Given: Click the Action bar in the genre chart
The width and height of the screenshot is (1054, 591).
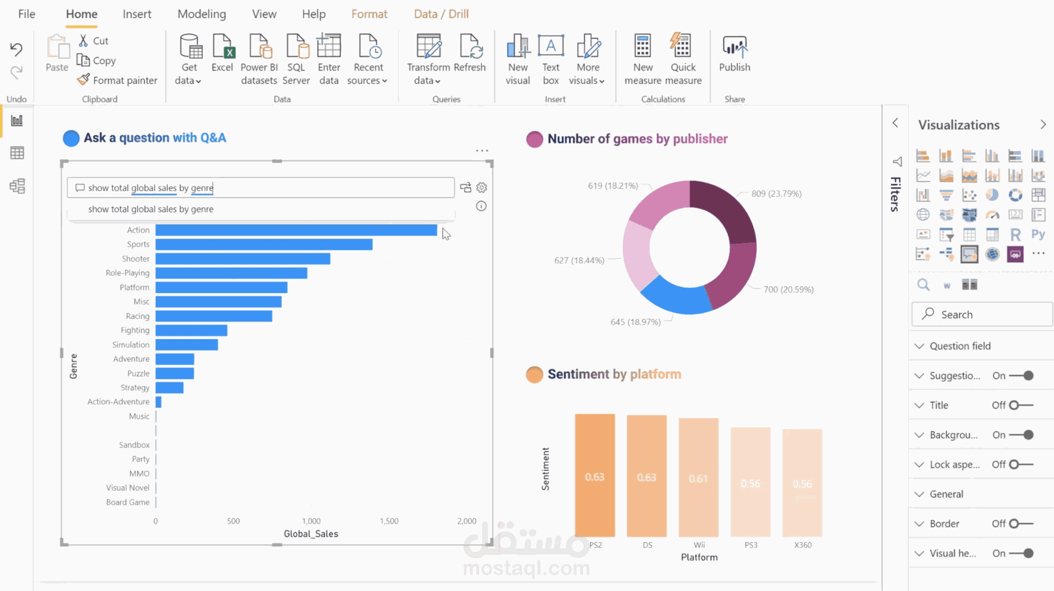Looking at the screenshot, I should tap(296, 230).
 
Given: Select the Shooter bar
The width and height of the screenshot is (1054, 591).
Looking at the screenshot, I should tap(243, 259).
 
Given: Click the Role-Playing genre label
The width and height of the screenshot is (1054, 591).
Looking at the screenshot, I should tap(127, 273).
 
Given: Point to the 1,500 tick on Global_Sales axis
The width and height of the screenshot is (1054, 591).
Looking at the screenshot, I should tap(389, 521).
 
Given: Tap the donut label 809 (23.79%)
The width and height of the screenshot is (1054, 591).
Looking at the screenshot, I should tap(776, 194).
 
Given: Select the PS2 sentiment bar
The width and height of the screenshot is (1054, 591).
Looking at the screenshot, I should tap(595, 475).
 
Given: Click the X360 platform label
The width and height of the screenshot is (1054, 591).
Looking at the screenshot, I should tap(803, 545).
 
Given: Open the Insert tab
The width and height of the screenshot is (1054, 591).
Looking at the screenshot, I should tap(137, 14).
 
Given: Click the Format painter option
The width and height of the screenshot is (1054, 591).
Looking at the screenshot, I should tap(117, 80).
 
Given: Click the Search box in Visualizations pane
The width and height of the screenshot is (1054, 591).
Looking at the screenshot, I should tap(982, 315).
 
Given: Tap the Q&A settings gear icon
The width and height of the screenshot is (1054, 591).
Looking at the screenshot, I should tap(482, 188).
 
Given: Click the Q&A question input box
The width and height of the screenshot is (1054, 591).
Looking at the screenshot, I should tap(261, 188).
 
